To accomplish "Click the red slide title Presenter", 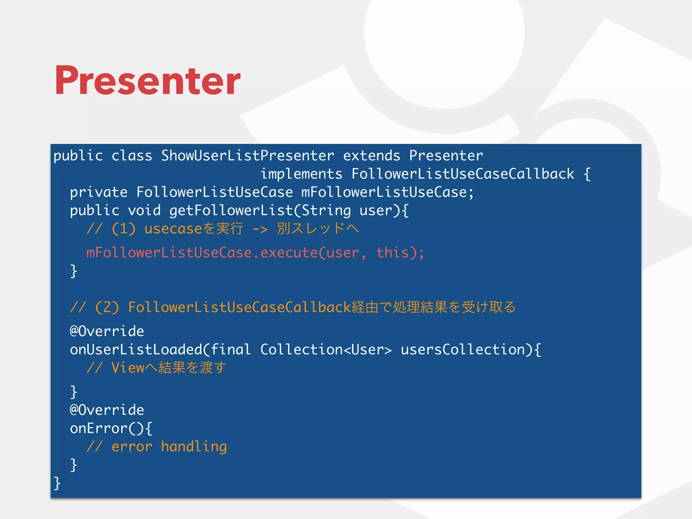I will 148,80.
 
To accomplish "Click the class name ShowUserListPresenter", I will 247,156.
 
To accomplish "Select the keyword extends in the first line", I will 371,156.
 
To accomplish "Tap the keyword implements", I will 301,174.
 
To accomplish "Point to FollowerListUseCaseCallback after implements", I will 463,174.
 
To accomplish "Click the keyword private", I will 99,192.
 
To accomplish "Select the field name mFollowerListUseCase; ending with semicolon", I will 388,192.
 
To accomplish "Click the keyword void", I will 144,211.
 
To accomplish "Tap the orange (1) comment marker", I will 124,229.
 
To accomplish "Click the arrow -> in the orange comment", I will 260,229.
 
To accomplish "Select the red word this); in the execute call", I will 400,253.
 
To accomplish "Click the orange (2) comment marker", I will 107,307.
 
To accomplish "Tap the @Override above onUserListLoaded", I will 107,331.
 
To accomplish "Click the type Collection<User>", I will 326,349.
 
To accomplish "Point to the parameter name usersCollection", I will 467,349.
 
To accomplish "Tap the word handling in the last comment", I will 194,447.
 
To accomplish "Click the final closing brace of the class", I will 57,483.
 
